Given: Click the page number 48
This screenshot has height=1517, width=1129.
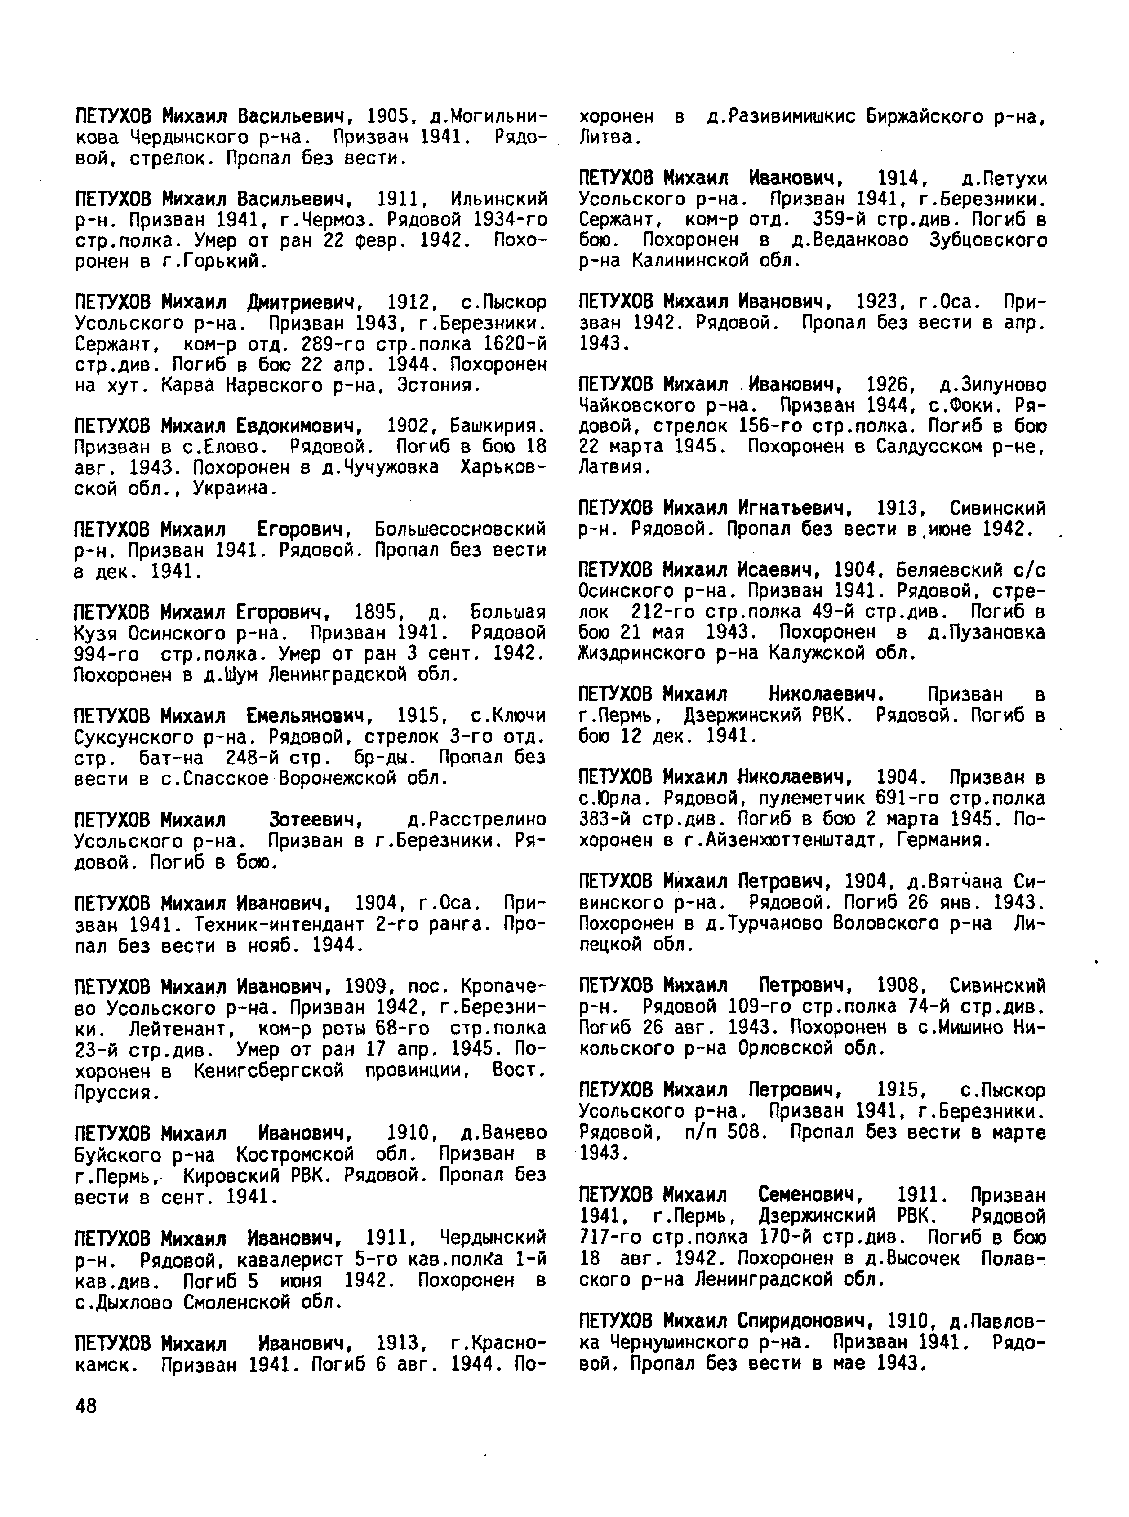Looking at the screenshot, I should (86, 1406).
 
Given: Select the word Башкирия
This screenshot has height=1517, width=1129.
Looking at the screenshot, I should (498, 426).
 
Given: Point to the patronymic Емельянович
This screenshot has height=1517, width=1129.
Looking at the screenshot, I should (307, 716).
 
